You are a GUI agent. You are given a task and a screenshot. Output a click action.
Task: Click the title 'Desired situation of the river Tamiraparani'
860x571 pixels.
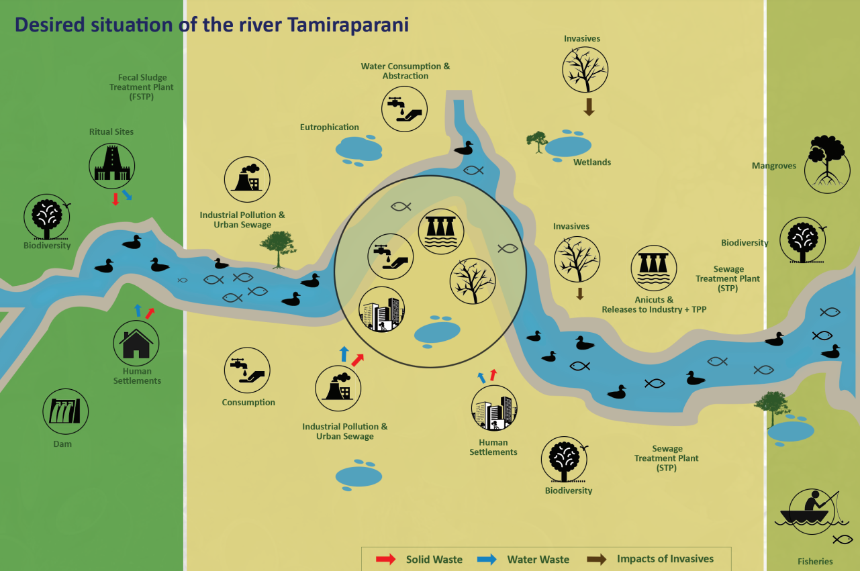coord(211,25)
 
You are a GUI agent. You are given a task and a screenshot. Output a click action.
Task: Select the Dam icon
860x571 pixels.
coord(66,411)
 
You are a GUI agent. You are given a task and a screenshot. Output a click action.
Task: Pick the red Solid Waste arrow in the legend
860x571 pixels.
coord(385,559)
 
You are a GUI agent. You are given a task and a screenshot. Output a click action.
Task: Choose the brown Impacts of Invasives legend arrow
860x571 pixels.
coord(597,559)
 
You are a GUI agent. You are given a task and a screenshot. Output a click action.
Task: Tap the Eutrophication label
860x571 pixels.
coord(330,127)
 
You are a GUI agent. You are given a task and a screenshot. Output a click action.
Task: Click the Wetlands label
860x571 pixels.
coord(592,162)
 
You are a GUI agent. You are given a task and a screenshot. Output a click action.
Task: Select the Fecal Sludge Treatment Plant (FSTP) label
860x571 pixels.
coord(142,87)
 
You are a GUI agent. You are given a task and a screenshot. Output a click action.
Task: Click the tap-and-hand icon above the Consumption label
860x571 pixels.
coord(247,370)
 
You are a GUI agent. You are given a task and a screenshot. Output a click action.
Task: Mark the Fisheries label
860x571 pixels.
coord(815,562)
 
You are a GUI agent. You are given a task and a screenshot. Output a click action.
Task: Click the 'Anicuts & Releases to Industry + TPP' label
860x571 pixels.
coord(654,305)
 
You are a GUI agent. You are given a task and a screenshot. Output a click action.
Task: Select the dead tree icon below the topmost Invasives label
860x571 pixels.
coord(585,69)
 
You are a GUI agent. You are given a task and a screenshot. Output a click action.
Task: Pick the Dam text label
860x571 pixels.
coord(62,444)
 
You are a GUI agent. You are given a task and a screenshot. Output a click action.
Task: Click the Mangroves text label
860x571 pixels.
coord(773,166)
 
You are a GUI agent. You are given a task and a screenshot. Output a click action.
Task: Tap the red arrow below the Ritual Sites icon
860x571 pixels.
coord(115,199)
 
